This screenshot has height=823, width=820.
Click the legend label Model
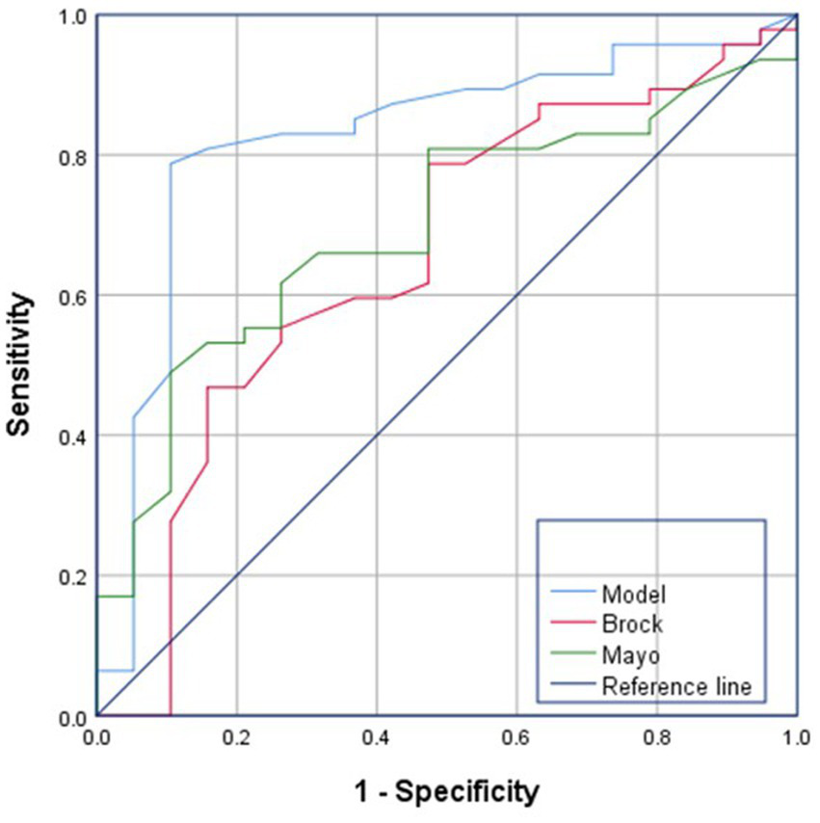(626, 591)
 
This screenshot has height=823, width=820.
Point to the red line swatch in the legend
(569, 624)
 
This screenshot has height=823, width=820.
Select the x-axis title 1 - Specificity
(446, 793)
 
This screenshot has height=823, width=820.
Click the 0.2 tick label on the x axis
(237, 736)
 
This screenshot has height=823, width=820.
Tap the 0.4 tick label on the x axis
(377, 736)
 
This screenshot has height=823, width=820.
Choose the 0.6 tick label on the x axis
(516, 736)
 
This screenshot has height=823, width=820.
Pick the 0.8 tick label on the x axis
(656, 736)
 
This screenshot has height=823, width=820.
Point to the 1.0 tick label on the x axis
(795, 736)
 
